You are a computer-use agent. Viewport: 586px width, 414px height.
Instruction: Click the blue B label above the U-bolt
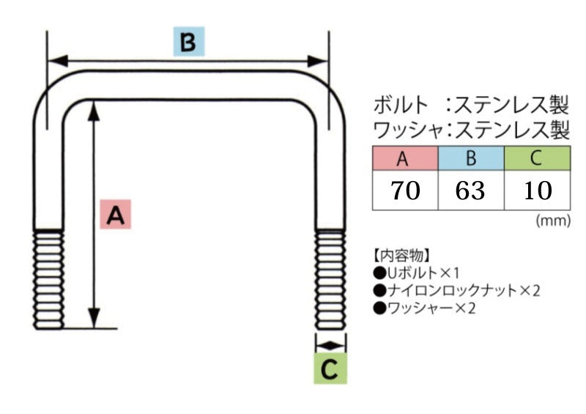pos(188,43)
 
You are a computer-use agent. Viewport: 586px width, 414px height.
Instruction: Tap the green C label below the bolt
pos(330,370)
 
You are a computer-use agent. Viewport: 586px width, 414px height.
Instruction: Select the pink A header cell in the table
pos(404,158)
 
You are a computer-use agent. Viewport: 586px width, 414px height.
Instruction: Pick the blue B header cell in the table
pos(470,158)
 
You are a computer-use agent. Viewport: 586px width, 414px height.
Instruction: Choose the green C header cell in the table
pos(536,158)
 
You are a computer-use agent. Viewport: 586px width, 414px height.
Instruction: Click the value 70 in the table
pos(404,191)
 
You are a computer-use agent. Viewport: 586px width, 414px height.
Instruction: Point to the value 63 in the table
pos(470,191)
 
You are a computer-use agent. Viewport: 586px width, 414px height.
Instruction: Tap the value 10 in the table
pos(536,191)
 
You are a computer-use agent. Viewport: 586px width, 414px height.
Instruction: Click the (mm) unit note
pos(552,221)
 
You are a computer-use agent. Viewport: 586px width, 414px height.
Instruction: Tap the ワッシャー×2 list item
pos(425,308)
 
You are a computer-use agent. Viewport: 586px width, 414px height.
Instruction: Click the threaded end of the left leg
pos(48,278)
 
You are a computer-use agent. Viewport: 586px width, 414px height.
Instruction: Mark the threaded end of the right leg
pos(330,278)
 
